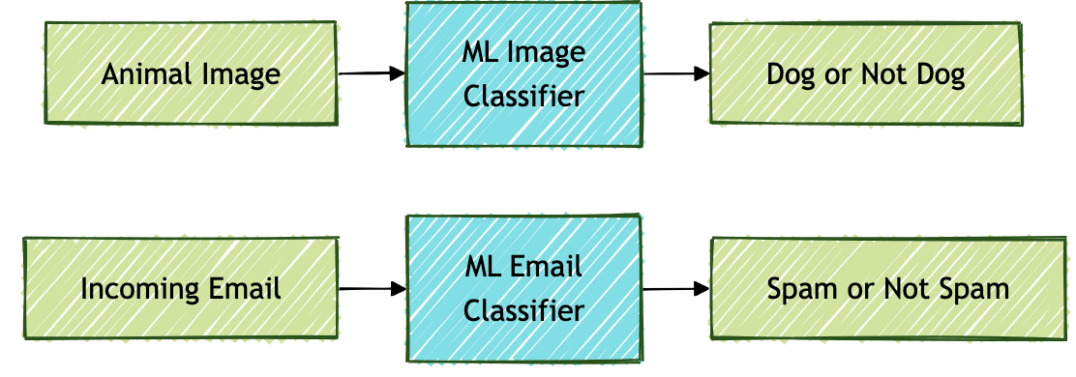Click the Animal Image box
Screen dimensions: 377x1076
coord(190,75)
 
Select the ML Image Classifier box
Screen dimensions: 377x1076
coord(523,74)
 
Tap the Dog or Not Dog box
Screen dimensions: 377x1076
coord(865,74)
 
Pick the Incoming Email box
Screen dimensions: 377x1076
coord(180,289)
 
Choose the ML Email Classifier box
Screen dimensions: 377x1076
coord(523,288)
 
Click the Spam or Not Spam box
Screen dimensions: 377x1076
coord(887,289)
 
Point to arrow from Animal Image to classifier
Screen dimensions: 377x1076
coord(372,73)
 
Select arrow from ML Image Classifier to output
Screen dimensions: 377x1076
coord(674,73)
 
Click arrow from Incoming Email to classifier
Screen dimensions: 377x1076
coord(372,288)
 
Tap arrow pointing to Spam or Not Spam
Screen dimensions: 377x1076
coord(675,288)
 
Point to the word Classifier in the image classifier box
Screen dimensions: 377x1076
coord(523,97)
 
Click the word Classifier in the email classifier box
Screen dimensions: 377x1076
coord(523,310)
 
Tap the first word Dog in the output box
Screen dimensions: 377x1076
coord(788,75)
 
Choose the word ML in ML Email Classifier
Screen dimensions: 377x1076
coord(482,266)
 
